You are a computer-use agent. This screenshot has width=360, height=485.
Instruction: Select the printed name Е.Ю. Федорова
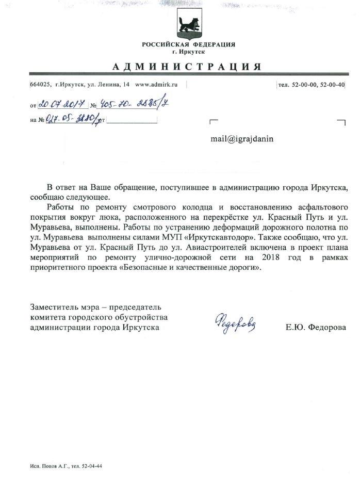pos(316,328)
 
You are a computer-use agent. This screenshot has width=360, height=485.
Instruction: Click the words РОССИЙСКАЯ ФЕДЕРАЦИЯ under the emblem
pos(189,44)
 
